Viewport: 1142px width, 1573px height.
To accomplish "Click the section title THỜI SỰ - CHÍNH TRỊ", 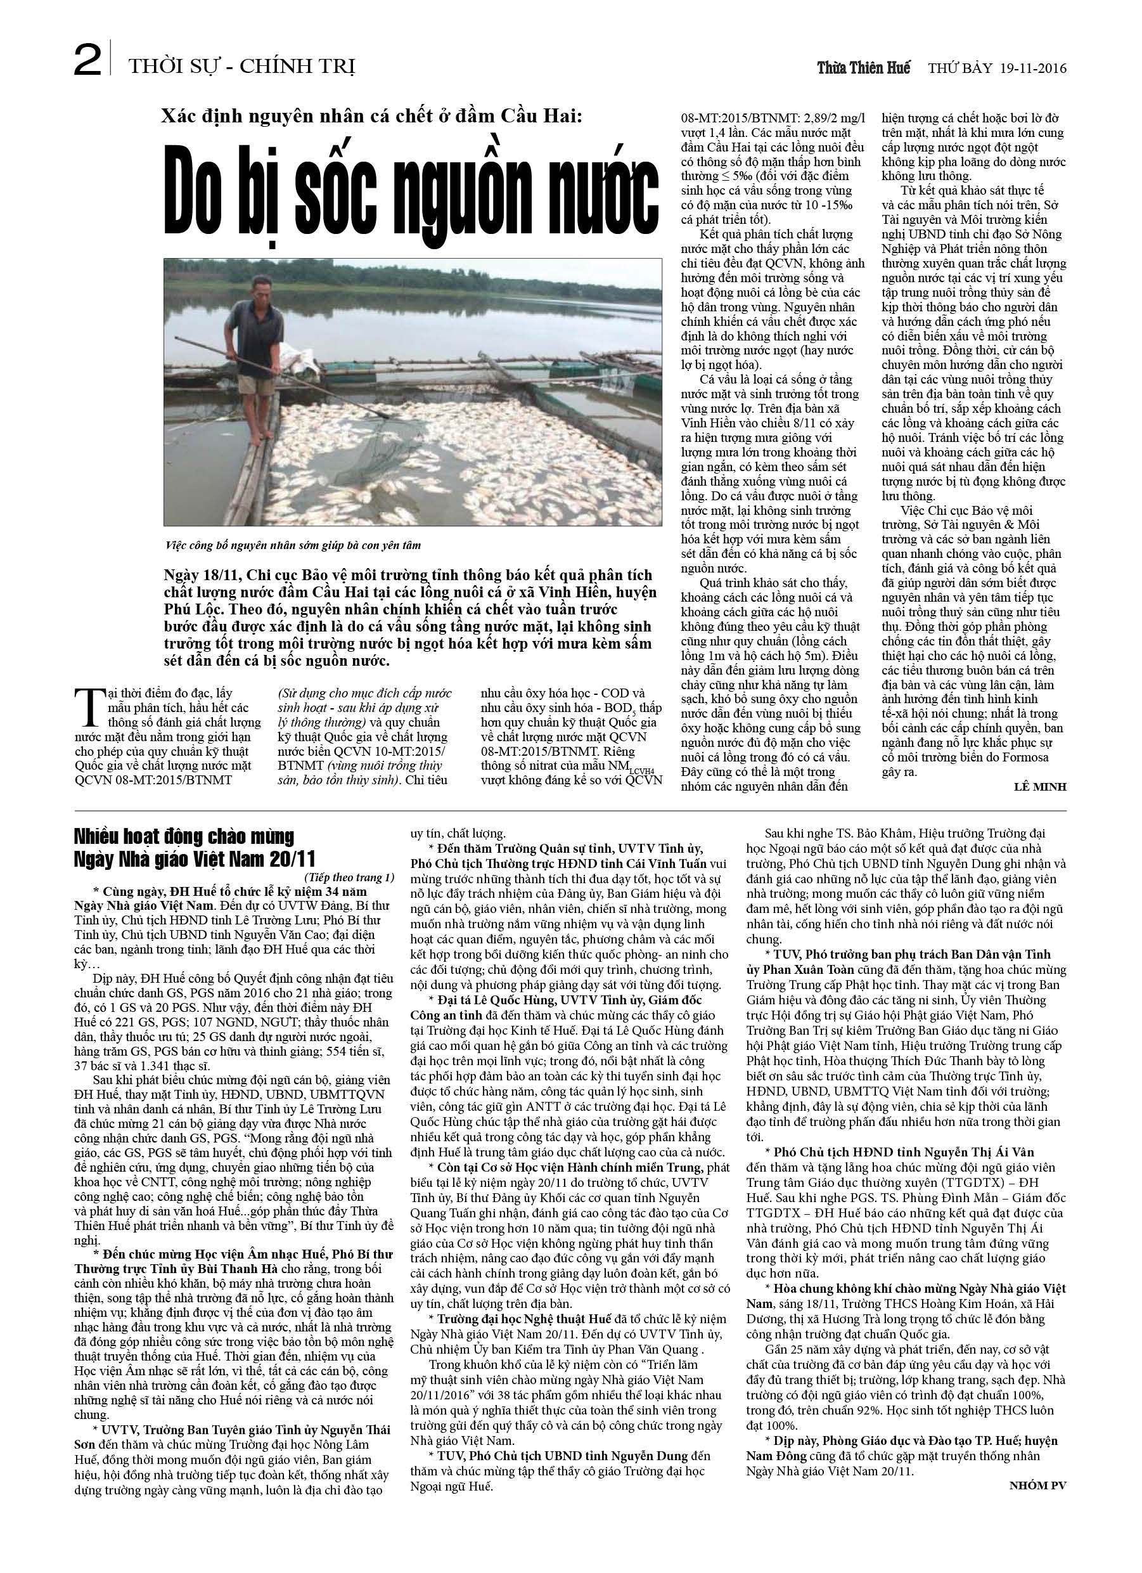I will tap(241, 67).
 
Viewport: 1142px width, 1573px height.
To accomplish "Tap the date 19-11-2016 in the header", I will tap(1033, 68).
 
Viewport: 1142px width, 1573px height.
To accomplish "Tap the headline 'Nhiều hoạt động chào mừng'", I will tap(185, 837).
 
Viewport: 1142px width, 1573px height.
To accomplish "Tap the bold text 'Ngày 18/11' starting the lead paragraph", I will tap(197, 575).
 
